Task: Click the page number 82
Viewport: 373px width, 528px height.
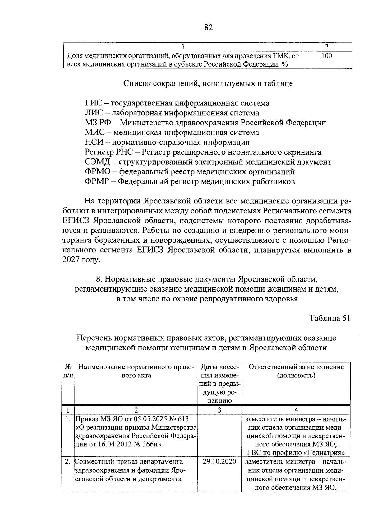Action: click(x=209, y=28)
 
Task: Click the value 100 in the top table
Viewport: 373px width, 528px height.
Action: click(x=326, y=56)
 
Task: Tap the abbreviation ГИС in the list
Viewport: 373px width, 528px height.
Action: click(x=93, y=103)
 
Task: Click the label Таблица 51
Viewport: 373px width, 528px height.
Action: click(x=330, y=318)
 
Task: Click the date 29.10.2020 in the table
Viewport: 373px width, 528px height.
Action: click(x=219, y=461)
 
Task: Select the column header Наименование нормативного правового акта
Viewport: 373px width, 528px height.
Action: click(x=136, y=371)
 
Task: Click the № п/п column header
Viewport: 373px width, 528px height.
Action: click(x=68, y=371)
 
